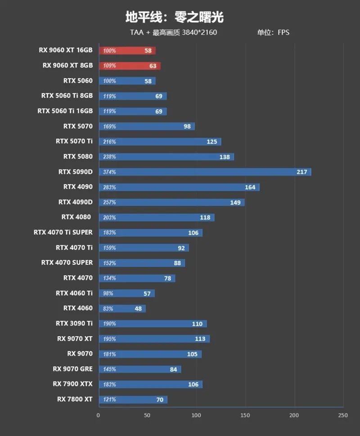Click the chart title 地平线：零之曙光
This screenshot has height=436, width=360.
(174, 18)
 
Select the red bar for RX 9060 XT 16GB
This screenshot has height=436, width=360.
(127, 51)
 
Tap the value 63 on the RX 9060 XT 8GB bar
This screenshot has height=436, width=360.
(153, 66)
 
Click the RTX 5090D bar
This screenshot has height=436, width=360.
(205, 172)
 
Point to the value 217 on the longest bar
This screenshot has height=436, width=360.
(301, 172)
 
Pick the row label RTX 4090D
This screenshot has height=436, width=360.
(75, 202)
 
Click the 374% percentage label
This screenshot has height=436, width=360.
(109, 172)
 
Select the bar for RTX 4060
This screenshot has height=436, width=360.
(122, 309)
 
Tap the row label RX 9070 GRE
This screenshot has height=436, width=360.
(72, 369)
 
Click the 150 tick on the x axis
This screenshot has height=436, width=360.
(245, 416)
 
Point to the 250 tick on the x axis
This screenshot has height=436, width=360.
(343, 416)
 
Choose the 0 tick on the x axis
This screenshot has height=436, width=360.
(98, 416)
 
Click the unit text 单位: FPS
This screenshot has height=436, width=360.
(273, 32)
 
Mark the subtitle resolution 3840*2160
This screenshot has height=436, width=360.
(200, 32)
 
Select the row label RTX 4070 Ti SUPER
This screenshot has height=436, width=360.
(63, 232)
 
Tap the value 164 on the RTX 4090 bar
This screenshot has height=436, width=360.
(250, 187)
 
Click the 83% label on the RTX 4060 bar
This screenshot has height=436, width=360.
(108, 309)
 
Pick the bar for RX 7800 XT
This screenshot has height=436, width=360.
(133, 400)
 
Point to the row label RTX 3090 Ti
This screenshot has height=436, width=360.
(74, 323)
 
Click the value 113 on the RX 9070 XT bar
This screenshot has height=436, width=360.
(200, 339)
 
